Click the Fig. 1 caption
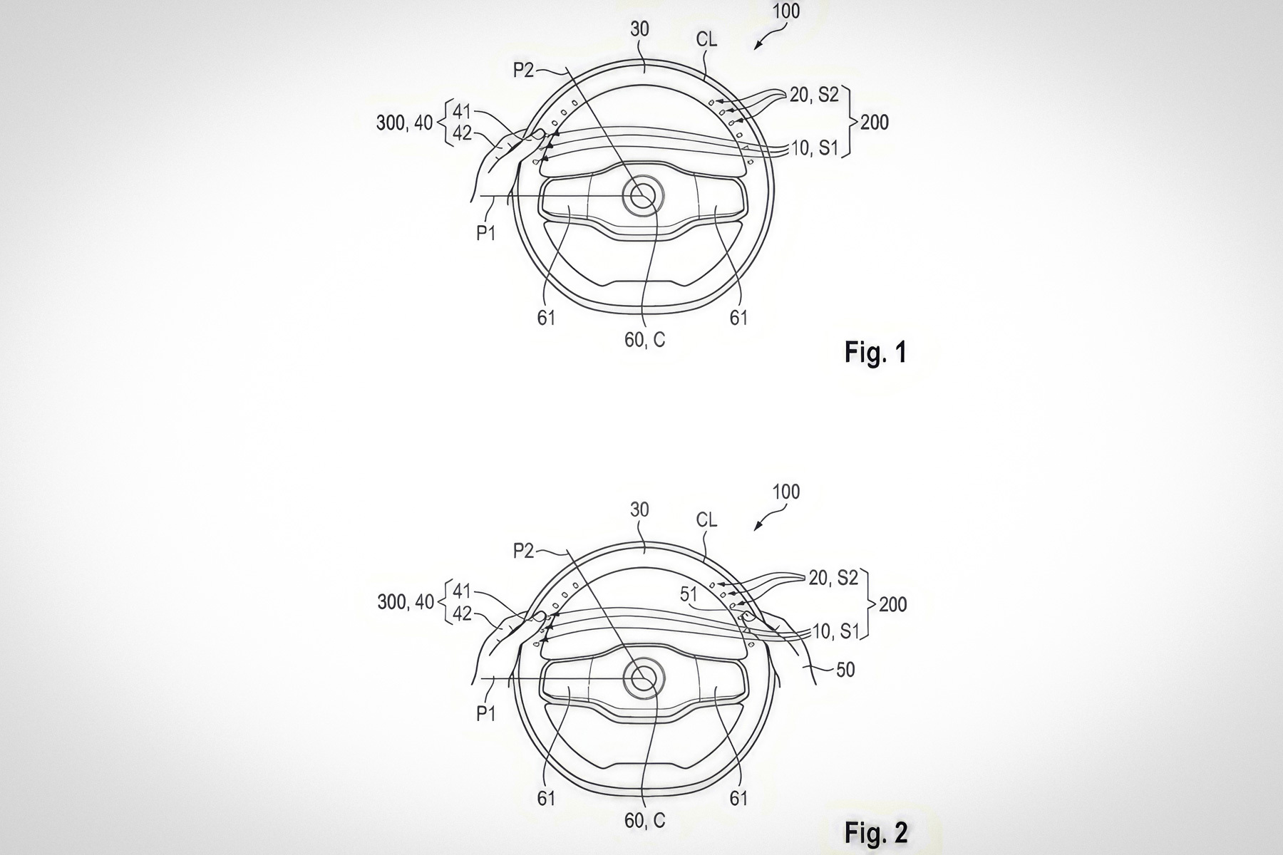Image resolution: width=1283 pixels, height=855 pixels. [875, 352]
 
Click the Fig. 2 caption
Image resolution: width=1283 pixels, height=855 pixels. [876, 832]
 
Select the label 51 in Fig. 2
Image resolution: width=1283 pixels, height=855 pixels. [689, 594]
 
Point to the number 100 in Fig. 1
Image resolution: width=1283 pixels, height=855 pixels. [785, 11]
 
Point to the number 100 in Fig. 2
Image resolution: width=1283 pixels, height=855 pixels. [785, 492]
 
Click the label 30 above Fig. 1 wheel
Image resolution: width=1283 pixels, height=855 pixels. [640, 29]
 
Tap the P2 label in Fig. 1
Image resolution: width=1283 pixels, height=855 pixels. [524, 70]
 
